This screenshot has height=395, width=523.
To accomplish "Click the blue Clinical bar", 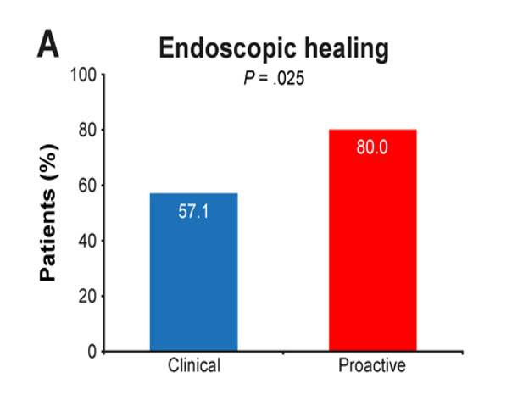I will coord(193,271).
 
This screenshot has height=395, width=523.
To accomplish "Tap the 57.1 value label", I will coord(193,211).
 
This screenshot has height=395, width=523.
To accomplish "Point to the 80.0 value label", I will coord(371,147).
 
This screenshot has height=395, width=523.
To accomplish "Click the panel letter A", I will coord(47,45).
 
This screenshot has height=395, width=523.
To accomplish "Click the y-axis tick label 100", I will coord(86,75).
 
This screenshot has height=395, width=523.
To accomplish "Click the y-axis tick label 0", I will coord(92,351).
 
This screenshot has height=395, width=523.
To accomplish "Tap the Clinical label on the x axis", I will coord(193,367).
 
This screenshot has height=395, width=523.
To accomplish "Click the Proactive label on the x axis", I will coord(371,367).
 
